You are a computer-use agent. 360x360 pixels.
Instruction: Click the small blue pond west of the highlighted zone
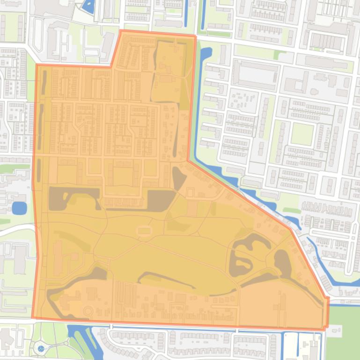(19, 208)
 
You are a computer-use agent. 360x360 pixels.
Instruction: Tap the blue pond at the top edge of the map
(88, 6)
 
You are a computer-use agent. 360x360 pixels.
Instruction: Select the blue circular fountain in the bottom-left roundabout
(40, 348)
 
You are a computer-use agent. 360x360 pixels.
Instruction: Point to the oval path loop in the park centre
(144, 230)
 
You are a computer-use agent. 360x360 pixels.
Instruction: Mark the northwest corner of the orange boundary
(37, 65)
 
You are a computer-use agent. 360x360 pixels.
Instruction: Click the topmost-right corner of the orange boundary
(195, 36)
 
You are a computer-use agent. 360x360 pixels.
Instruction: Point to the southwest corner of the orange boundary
(32, 318)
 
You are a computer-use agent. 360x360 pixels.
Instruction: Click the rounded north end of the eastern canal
(206, 51)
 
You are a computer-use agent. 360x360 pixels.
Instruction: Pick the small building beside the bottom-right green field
(334, 331)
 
